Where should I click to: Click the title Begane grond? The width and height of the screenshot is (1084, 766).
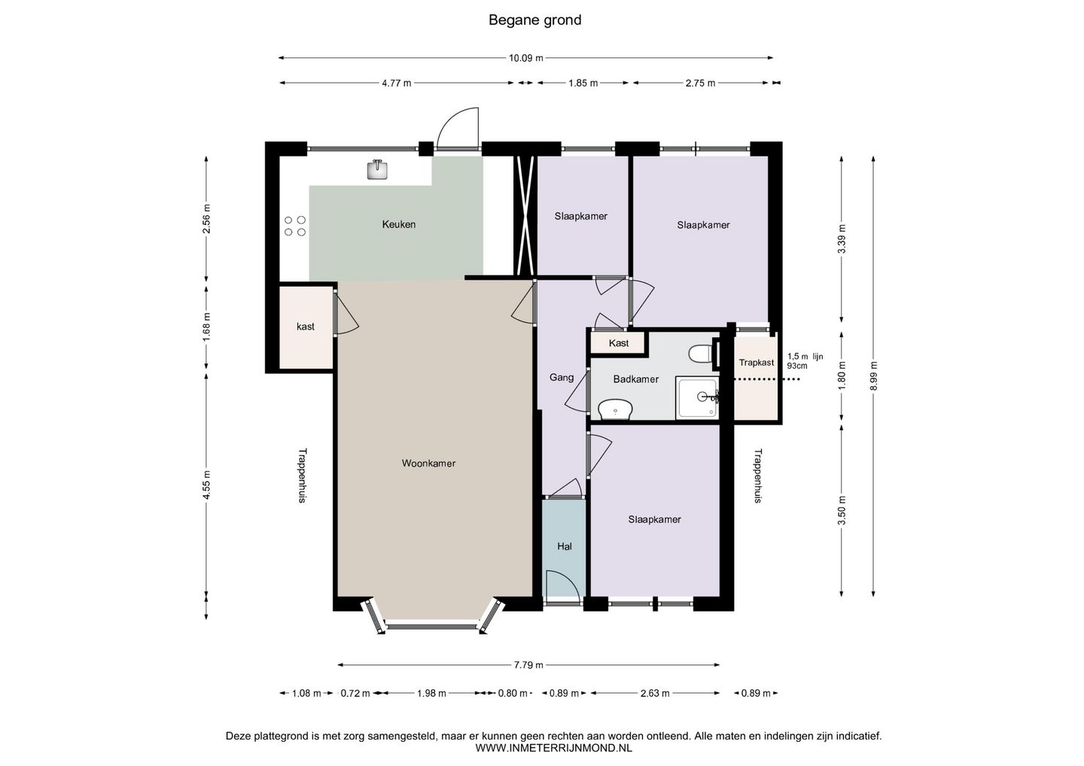[534, 20]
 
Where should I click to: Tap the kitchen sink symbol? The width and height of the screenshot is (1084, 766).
[377, 170]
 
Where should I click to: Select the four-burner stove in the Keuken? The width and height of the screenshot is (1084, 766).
[294, 226]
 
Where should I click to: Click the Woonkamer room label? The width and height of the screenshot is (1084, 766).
[428, 464]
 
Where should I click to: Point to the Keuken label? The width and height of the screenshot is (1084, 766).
[398, 224]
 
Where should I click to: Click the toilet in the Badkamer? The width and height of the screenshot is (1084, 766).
[700, 353]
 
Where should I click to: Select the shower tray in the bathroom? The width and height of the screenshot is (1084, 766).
[696, 397]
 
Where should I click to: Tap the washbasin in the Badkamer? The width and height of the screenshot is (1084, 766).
[615, 410]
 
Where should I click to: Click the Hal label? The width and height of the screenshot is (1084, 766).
[565, 546]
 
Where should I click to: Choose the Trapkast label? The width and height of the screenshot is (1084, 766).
[756, 363]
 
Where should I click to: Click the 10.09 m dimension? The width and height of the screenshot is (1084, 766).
[525, 58]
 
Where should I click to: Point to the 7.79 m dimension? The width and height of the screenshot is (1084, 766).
[528, 665]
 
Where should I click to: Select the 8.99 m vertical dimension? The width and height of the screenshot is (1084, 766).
[874, 377]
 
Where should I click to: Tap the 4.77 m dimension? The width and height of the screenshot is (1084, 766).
[396, 84]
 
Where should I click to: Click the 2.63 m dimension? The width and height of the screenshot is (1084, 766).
[655, 694]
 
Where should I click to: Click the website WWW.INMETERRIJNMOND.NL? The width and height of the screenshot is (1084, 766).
[553, 749]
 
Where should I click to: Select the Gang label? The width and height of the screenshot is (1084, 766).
[562, 378]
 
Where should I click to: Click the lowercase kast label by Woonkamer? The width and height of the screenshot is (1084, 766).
[306, 327]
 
